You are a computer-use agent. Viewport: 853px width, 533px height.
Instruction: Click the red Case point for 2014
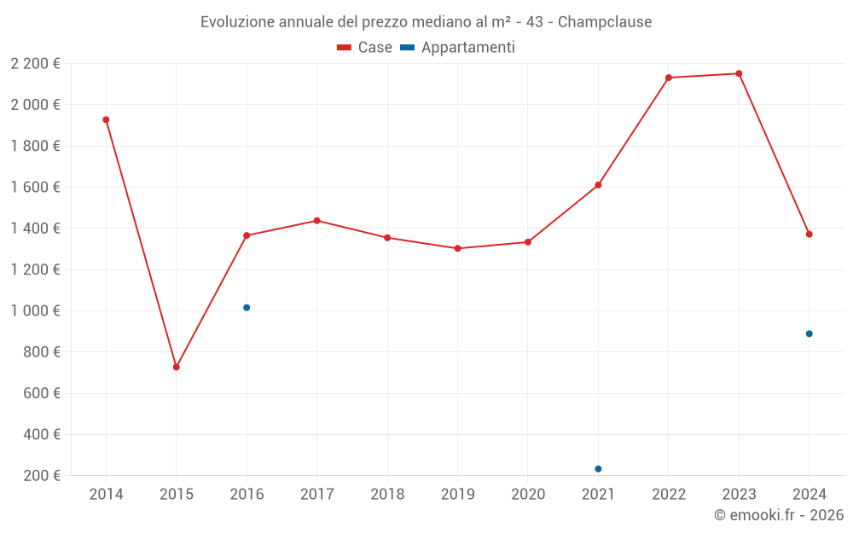[106, 119]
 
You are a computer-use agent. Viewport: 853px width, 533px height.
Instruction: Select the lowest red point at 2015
[177, 367]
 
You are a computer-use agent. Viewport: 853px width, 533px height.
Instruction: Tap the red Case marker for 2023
[739, 73]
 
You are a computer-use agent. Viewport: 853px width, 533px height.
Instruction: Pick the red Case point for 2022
[669, 78]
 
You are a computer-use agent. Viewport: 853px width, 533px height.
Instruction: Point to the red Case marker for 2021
[598, 185]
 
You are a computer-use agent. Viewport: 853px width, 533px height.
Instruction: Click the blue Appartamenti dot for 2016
[247, 307]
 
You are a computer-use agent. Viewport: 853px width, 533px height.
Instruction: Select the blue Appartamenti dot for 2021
[598, 469]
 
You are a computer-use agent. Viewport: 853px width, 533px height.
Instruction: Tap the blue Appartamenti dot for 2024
[809, 333]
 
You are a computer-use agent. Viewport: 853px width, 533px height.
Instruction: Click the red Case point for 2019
[457, 248]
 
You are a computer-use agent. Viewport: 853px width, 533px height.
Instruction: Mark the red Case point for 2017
[316, 220]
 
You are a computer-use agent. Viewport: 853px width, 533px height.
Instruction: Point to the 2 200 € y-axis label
[36, 63]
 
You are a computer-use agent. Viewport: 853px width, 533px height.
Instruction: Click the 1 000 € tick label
[36, 310]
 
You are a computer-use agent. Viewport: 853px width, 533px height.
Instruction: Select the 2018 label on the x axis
[387, 495]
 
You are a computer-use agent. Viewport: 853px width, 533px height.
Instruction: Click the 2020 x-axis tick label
[528, 495]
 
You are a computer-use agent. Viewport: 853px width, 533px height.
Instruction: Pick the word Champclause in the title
[605, 22]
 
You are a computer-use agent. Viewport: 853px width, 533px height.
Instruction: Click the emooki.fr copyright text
[779, 515]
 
